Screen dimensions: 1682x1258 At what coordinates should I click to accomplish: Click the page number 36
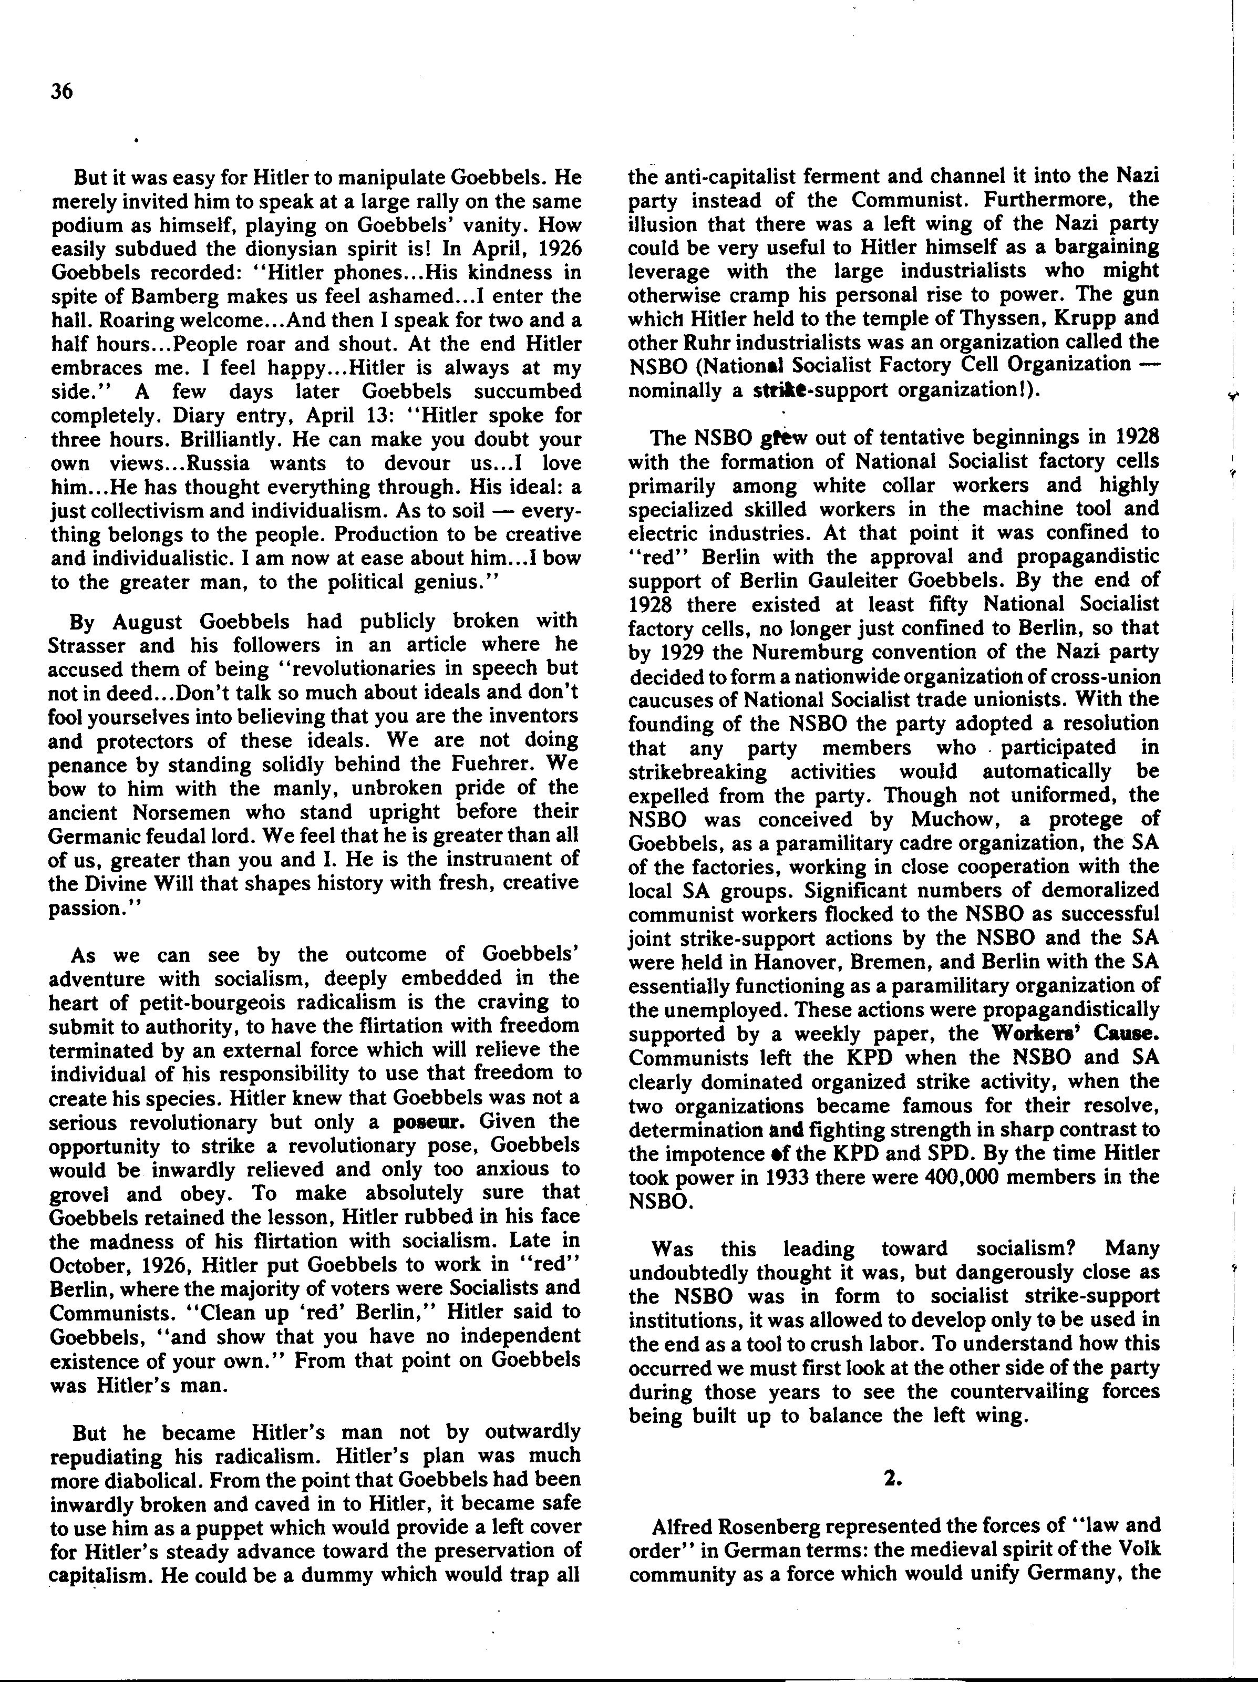(x=61, y=92)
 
